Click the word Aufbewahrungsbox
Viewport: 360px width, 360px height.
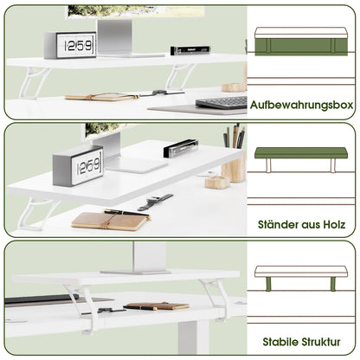303,105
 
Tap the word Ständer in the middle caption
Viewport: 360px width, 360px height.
277,224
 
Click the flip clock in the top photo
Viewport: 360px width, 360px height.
70,45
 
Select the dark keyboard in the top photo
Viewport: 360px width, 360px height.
221,102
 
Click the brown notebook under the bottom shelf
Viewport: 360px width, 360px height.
156,305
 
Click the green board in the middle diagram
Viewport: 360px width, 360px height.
303,153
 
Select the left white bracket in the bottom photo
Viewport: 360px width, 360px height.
83,303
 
